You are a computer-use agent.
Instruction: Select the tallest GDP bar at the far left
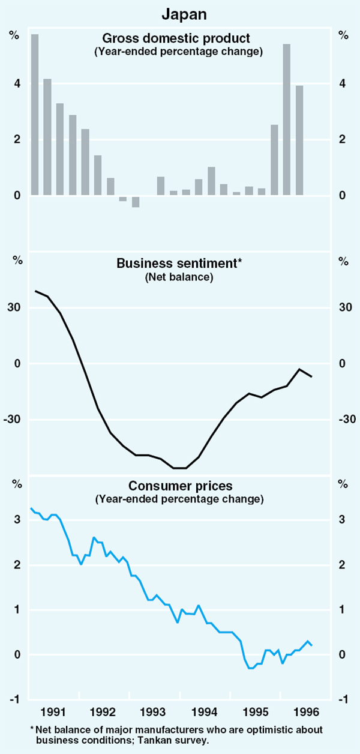pyautogui.click(x=35, y=114)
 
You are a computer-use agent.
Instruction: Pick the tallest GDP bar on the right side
pyautogui.click(x=287, y=119)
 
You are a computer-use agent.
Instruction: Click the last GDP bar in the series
pyautogui.click(x=299, y=140)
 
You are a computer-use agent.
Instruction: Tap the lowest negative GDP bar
pyautogui.click(x=136, y=202)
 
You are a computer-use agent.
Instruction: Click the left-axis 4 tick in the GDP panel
pyautogui.click(x=17, y=83)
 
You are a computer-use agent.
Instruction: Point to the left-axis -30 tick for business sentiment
pyautogui.click(x=14, y=419)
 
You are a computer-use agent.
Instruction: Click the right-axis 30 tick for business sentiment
pyautogui.click(x=344, y=308)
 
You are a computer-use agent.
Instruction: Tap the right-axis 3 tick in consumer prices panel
pyautogui.click(x=343, y=520)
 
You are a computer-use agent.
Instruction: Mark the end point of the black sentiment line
pyautogui.click(x=311, y=376)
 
